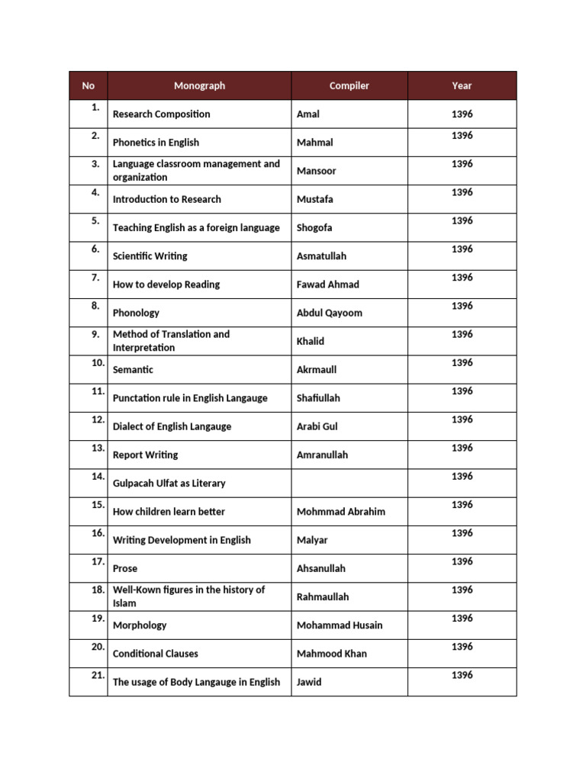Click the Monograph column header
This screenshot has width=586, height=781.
click(199, 86)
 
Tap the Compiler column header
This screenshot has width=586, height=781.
click(349, 86)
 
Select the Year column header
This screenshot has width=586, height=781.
click(462, 86)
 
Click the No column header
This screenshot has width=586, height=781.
click(89, 86)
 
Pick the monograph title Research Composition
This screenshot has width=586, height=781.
click(161, 114)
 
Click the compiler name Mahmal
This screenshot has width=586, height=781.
click(314, 143)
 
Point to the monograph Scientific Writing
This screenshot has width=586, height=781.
click(150, 256)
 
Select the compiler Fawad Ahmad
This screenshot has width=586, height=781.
click(327, 284)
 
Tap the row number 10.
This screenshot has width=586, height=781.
click(97, 363)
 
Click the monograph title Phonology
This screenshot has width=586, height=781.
click(136, 313)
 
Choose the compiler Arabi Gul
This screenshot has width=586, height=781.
click(317, 426)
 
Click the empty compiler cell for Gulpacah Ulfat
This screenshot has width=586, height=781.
click(349, 484)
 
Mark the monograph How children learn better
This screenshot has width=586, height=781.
click(169, 512)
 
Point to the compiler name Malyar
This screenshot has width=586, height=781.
click(312, 540)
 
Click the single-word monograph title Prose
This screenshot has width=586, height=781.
click(125, 568)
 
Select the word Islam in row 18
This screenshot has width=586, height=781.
click(124, 603)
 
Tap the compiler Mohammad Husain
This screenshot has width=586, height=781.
click(340, 625)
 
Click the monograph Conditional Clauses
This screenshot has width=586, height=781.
click(155, 654)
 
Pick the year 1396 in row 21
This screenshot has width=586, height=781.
click(462, 675)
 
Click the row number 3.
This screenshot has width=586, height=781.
click(95, 164)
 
